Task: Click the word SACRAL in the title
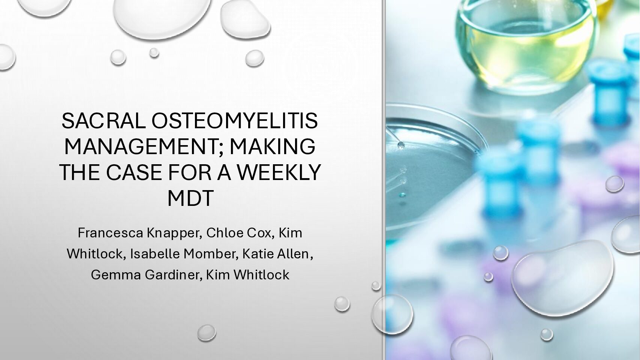(x=104, y=121)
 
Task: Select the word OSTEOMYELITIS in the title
(x=235, y=121)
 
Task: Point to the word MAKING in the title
(x=273, y=147)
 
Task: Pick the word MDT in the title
(x=190, y=198)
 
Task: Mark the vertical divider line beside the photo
(x=383, y=180)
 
